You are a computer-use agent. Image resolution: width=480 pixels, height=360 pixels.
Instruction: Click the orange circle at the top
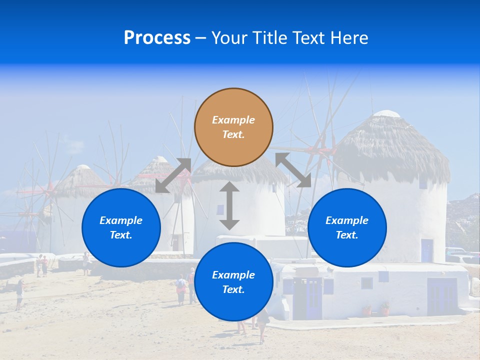pos(233,127)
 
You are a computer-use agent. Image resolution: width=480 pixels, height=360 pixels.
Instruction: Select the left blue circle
pos(121,227)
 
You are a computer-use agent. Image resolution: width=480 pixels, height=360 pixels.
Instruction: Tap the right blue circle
pos(347,227)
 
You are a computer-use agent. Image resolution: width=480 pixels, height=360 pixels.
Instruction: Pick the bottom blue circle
pos(233,282)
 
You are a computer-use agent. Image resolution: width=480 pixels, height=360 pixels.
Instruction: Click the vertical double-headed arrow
pos(229,205)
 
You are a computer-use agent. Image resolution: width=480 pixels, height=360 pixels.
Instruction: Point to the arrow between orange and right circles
pos(293,170)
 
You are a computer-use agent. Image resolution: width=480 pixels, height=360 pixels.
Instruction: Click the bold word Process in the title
pos(157,38)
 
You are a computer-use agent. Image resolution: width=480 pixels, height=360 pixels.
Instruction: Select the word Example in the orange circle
pos(233,120)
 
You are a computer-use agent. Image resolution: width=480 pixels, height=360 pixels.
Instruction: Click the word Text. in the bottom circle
pos(233,289)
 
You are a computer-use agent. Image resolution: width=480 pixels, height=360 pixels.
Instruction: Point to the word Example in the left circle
pos(121,220)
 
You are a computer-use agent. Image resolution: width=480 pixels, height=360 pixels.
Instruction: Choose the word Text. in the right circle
pos(347,235)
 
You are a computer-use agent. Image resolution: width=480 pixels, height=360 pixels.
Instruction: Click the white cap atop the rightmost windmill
pos(387,113)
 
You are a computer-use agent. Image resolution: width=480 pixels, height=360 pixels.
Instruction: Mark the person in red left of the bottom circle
pos(181,289)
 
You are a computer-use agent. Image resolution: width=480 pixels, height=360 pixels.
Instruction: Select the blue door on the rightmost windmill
pos(426,250)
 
